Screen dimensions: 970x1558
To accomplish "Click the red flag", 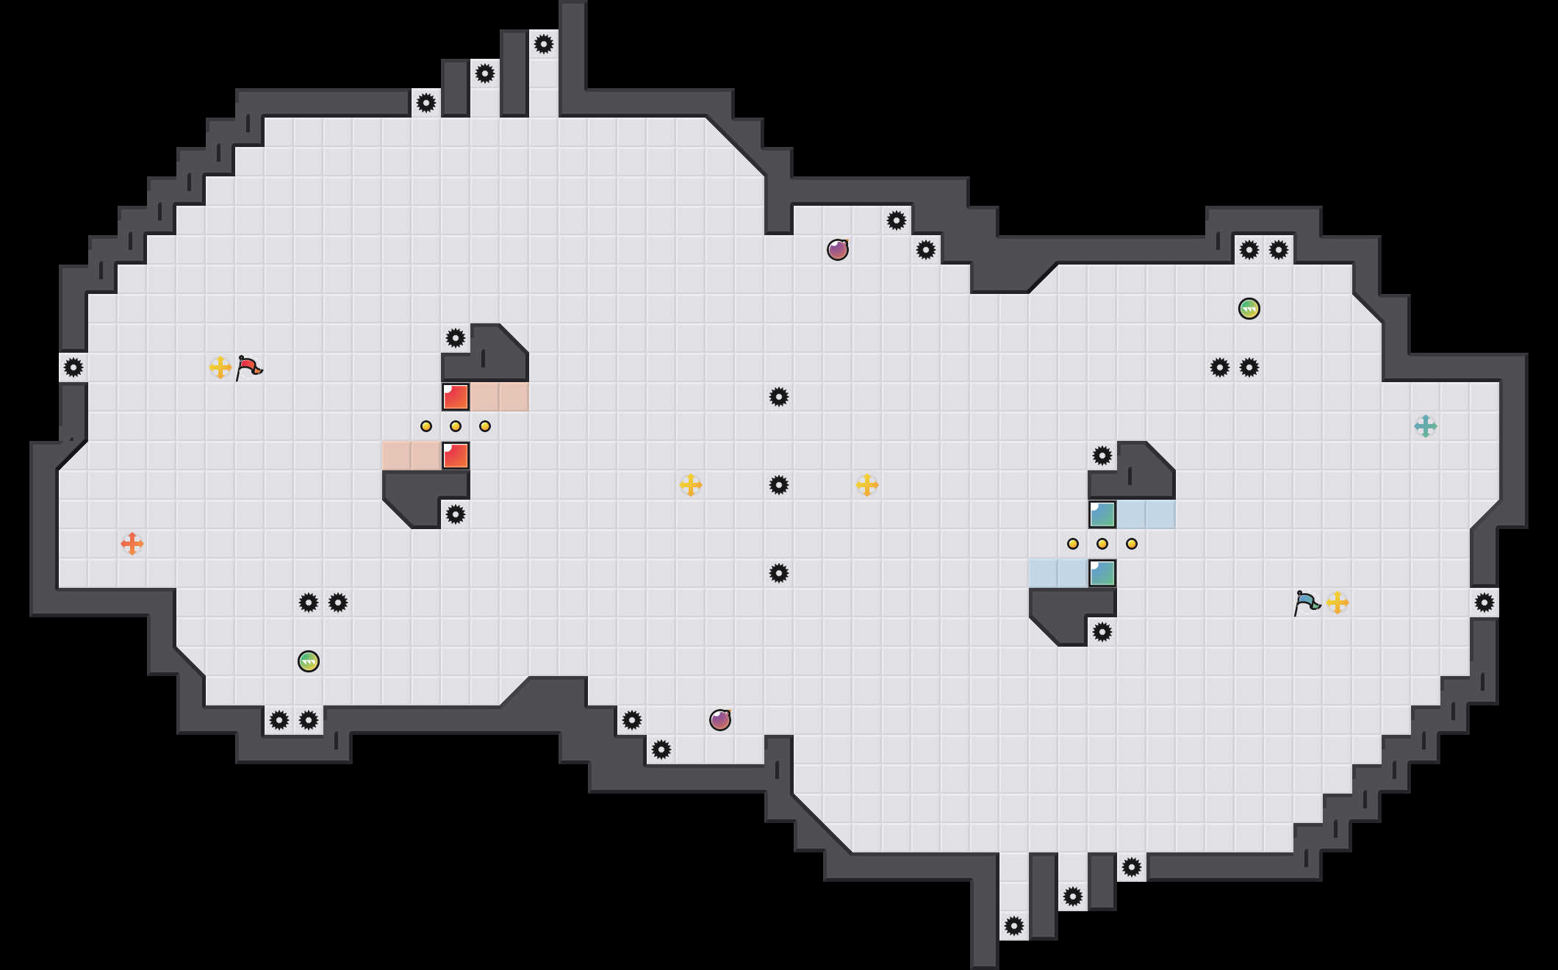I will click(248, 367).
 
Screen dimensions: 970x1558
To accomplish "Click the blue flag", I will click(1307, 603).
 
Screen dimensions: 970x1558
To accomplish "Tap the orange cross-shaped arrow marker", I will click(132, 544).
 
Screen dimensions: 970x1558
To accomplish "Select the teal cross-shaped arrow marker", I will click(1426, 426).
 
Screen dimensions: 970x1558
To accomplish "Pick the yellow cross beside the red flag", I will click(220, 367).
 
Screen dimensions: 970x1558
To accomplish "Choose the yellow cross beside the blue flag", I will click(1338, 603).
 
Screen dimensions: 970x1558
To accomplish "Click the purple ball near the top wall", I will click(838, 250).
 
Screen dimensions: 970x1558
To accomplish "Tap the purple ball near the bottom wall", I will click(720, 720).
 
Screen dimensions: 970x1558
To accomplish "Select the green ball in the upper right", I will click(1249, 309).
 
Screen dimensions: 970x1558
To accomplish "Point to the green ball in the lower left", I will click(309, 661).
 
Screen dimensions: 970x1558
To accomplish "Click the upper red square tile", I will click(456, 397).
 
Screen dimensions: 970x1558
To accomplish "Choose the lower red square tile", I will click(456, 456).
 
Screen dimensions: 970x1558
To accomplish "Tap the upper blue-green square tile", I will click(1102, 514).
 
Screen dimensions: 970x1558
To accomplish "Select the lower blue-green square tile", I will click(1102, 573).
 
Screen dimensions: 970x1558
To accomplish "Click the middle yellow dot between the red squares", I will click(456, 426).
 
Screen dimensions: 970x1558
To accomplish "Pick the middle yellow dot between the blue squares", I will click(1102, 544).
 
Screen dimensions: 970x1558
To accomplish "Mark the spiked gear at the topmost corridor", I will click(544, 44).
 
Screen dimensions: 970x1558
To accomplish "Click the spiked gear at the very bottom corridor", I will click(1014, 926).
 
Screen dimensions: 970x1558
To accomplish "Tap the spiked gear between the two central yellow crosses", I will click(779, 485).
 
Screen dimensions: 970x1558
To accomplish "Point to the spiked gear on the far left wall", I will click(73, 367).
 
